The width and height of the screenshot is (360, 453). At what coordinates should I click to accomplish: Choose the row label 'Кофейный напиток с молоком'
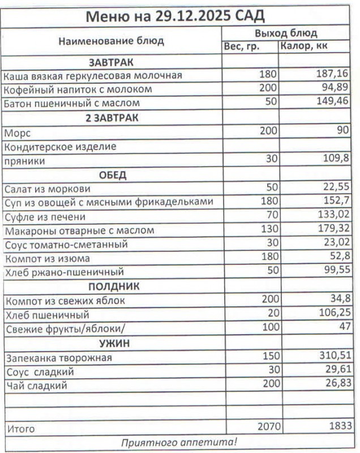click(78, 89)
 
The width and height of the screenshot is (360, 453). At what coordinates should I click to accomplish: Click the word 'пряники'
click(24, 161)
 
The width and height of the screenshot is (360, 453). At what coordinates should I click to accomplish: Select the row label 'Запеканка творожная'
click(58, 358)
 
